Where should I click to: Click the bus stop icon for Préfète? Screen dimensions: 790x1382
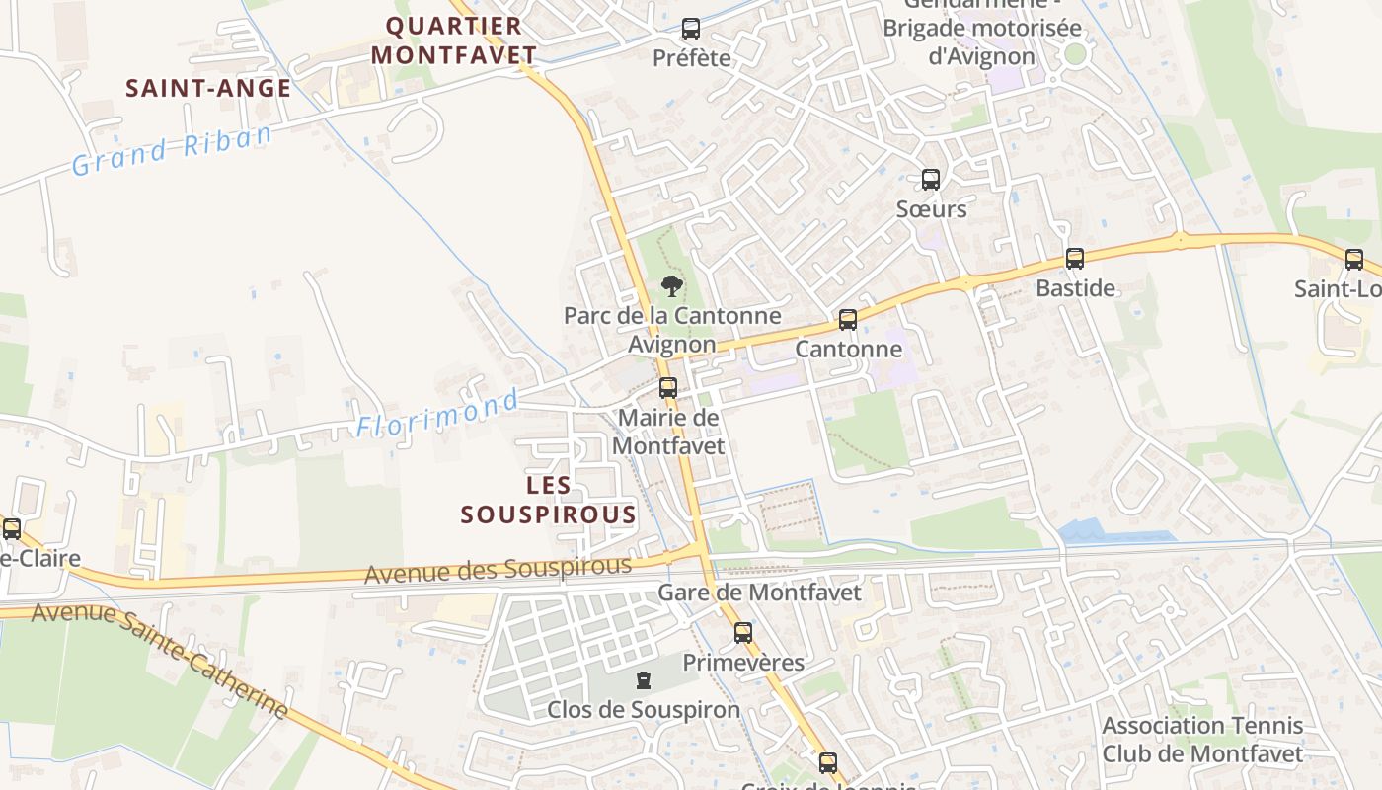pos(691,29)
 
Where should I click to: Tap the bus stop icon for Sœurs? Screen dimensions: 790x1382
pos(930,180)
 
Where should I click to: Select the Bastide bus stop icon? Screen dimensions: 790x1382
pos(1074,259)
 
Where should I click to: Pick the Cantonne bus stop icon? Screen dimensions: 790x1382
pos(847,320)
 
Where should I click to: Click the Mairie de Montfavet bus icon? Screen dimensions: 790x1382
pos(668,388)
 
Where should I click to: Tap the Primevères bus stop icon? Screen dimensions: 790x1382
pos(742,633)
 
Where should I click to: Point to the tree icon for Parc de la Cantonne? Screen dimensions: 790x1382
pos(671,286)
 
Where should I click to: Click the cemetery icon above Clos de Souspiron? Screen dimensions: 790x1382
pos(644,680)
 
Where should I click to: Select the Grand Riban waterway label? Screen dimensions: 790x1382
pos(172,149)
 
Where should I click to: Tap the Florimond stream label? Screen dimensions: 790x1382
pos(437,414)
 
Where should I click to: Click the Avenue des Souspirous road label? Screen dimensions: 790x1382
pos(498,570)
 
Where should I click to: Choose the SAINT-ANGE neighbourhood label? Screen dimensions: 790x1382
pos(208,88)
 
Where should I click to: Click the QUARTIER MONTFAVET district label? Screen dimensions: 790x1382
pos(454,40)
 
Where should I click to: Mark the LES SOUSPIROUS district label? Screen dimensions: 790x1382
pos(549,500)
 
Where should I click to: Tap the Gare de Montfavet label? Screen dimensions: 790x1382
pos(759,592)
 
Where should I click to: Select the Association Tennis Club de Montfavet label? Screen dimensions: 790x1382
pos(1202,740)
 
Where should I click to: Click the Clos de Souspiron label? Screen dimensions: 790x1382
pos(644,710)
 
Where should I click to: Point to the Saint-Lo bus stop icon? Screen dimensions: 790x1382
pos(1354,260)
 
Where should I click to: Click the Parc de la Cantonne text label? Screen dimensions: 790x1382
pos(672,316)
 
